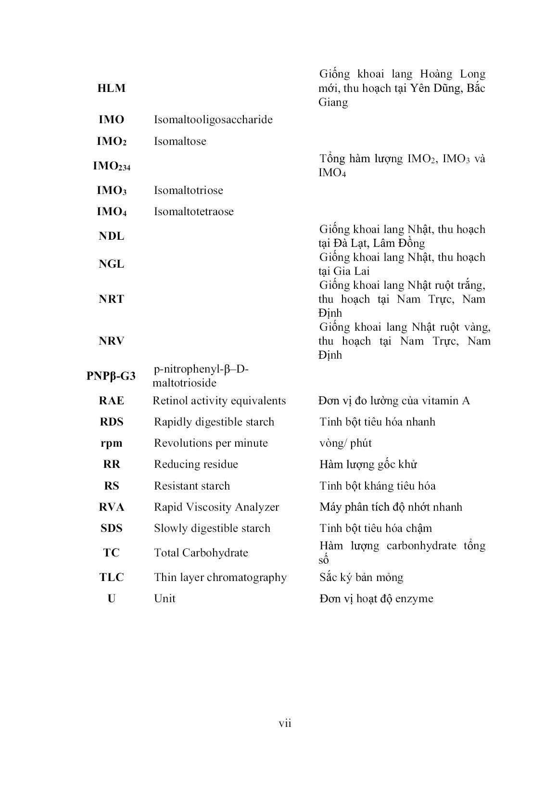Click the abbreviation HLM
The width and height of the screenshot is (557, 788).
(111, 88)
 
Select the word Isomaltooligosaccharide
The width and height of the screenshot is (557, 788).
(213, 120)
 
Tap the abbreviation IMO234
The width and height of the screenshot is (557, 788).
(111, 167)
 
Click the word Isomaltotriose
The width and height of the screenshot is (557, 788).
(188, 190)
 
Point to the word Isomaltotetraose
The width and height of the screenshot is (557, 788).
(193, 211)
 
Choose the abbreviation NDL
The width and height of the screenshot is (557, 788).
(111, 236)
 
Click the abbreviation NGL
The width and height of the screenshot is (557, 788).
(111, 264)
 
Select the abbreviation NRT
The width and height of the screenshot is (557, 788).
(111, 299)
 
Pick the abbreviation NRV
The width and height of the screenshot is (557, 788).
(111, 341)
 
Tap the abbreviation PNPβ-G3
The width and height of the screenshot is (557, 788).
(111, 376)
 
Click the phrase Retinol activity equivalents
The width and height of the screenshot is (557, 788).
(219, 400)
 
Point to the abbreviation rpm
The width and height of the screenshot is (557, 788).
(111, 443)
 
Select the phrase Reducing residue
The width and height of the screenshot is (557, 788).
(196, 464)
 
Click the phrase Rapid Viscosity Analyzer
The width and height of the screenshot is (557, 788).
(216, 507)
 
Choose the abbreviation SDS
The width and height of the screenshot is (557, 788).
(111, 528)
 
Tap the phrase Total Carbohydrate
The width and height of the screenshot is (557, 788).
(201, 553)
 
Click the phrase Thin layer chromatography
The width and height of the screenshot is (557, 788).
(220, 577)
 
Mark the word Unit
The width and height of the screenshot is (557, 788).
(165, 598)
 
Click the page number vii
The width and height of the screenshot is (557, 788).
(285, 723)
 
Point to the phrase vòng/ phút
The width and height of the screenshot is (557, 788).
(345, 443)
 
